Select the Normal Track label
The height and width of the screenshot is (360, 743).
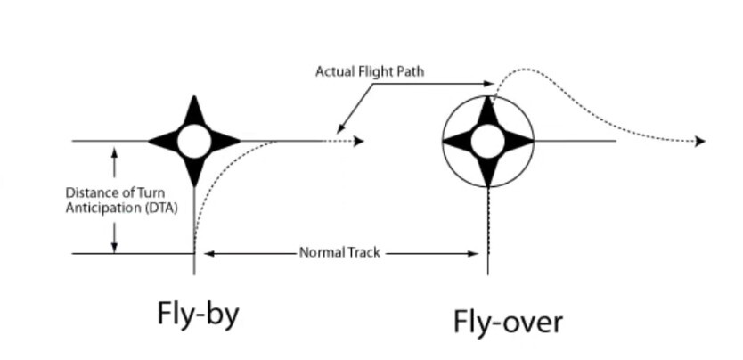click(x=339, y=253)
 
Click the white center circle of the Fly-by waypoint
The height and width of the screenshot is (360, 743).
click(x=193, y=141)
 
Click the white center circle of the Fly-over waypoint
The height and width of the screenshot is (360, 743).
click(x=487, y=141)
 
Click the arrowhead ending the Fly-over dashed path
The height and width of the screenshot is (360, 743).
click(x=700, y=141)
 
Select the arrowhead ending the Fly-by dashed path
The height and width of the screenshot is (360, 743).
click(x=359, y=141)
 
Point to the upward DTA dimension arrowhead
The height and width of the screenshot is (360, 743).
click(x=114, y=152)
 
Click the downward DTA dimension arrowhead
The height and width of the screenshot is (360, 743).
click(x=114, y=247)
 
